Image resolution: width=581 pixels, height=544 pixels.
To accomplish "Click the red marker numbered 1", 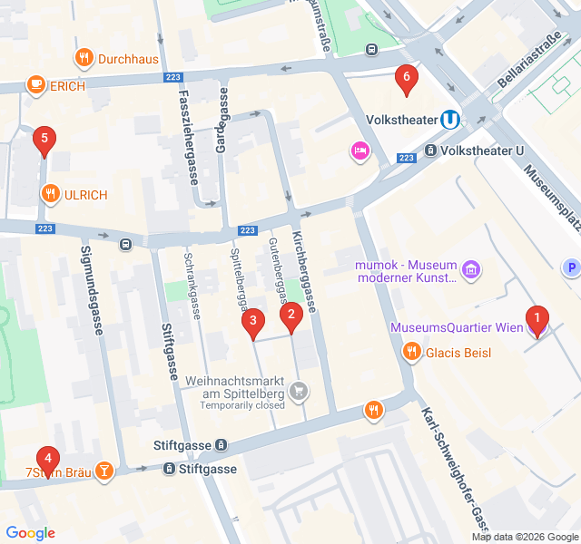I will coord(537,319).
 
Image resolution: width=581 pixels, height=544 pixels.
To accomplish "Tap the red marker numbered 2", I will coord(290,316).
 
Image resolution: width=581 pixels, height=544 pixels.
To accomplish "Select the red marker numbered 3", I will coord(253,320).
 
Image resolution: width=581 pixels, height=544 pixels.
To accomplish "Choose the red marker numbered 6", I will coord(406,78).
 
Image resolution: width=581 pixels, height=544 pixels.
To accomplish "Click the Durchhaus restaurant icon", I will coord(84,59).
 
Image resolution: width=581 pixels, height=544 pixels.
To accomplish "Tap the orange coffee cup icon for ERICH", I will coord(35,86).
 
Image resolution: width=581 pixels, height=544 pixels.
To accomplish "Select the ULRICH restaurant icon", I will coord(49,194).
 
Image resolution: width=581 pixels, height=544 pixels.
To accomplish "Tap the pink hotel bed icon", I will coord(360,151).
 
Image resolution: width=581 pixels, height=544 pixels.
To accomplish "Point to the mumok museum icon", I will coord(470,269).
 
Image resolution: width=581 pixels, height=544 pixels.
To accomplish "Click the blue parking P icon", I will coord(571,267).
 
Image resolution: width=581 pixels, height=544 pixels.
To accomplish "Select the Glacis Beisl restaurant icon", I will coord(412,352).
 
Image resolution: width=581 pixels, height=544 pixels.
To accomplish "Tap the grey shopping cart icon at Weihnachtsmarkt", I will coord(299,392).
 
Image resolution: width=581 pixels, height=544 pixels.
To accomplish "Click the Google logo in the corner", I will coord(30,533).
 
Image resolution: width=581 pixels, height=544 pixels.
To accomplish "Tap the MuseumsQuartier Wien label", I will coord(457,327).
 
